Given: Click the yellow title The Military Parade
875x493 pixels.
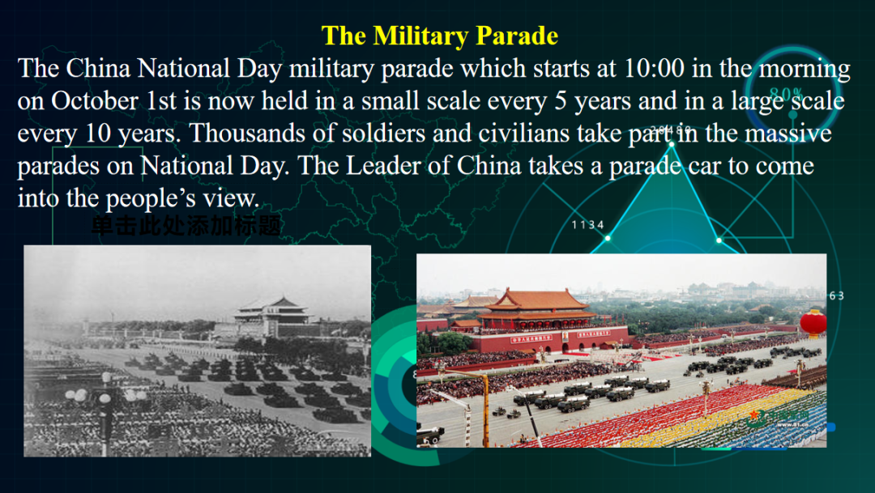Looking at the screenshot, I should (x=439, y=36).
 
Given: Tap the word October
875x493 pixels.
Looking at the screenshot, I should (x=92, y=101).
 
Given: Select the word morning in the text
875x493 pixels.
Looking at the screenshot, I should (x=802, y=68).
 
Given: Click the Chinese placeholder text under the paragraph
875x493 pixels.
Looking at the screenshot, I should (x=186, y=226).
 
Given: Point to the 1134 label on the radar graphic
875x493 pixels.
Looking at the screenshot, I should (x=588, y=224).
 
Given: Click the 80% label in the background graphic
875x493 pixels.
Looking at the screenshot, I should (x=786, y=94).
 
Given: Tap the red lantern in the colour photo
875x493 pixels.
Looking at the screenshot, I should (x=813, y=322).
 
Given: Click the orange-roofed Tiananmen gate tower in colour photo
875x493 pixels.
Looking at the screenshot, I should (x=537, y=305).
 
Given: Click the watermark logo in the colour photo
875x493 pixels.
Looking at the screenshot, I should (x=755, y=418).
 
